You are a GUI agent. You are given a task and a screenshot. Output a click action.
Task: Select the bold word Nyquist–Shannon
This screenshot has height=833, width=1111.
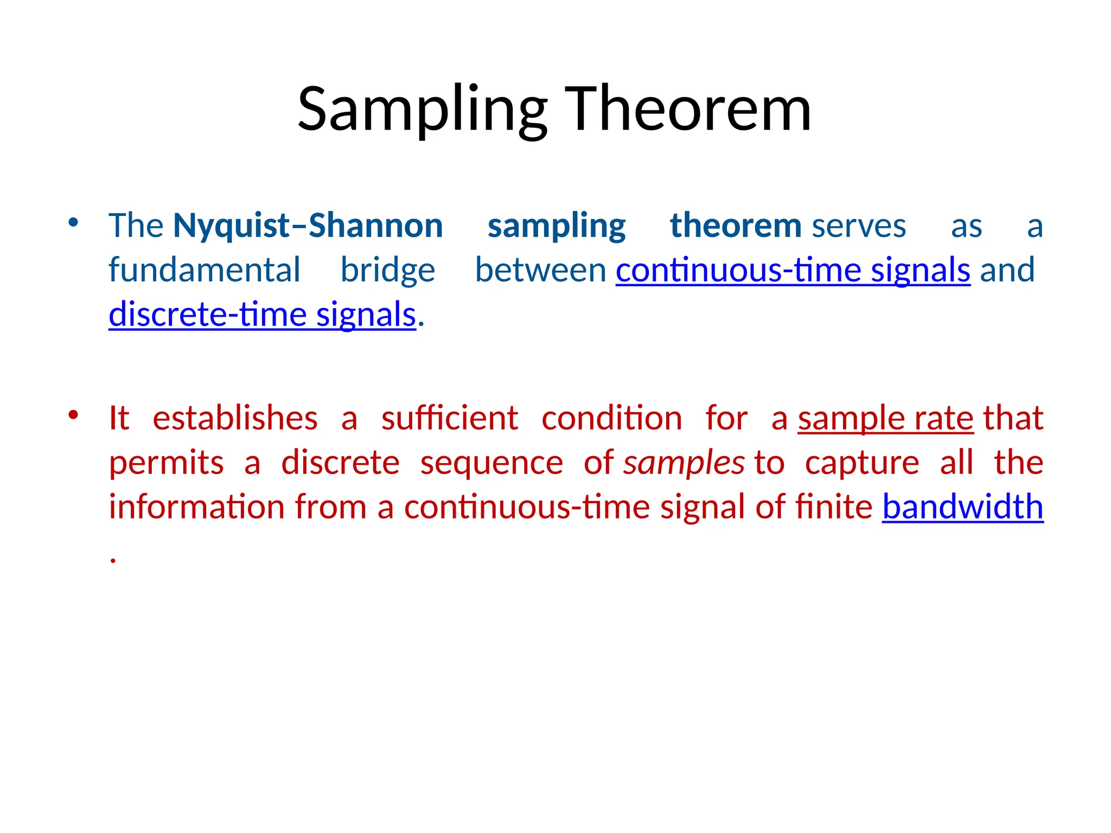308,226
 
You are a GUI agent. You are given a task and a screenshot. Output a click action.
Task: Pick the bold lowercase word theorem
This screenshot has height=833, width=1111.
735,226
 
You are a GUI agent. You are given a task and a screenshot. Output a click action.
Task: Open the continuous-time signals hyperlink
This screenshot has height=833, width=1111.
793,271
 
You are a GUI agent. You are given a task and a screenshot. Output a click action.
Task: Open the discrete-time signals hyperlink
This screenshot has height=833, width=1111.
262,315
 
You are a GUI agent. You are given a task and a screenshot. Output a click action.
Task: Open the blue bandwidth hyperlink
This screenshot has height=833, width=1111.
962,507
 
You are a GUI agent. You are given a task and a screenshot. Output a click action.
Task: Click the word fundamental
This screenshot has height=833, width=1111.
204,271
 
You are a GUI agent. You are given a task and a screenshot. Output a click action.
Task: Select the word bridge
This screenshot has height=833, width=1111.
387,271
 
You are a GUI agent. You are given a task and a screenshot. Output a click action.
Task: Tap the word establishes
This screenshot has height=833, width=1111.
235,419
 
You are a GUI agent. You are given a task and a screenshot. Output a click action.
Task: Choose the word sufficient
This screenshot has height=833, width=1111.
449,419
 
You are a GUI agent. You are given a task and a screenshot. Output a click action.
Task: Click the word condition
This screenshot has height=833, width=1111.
611,419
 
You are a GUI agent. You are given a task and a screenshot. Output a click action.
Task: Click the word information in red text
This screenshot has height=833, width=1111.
196,508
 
